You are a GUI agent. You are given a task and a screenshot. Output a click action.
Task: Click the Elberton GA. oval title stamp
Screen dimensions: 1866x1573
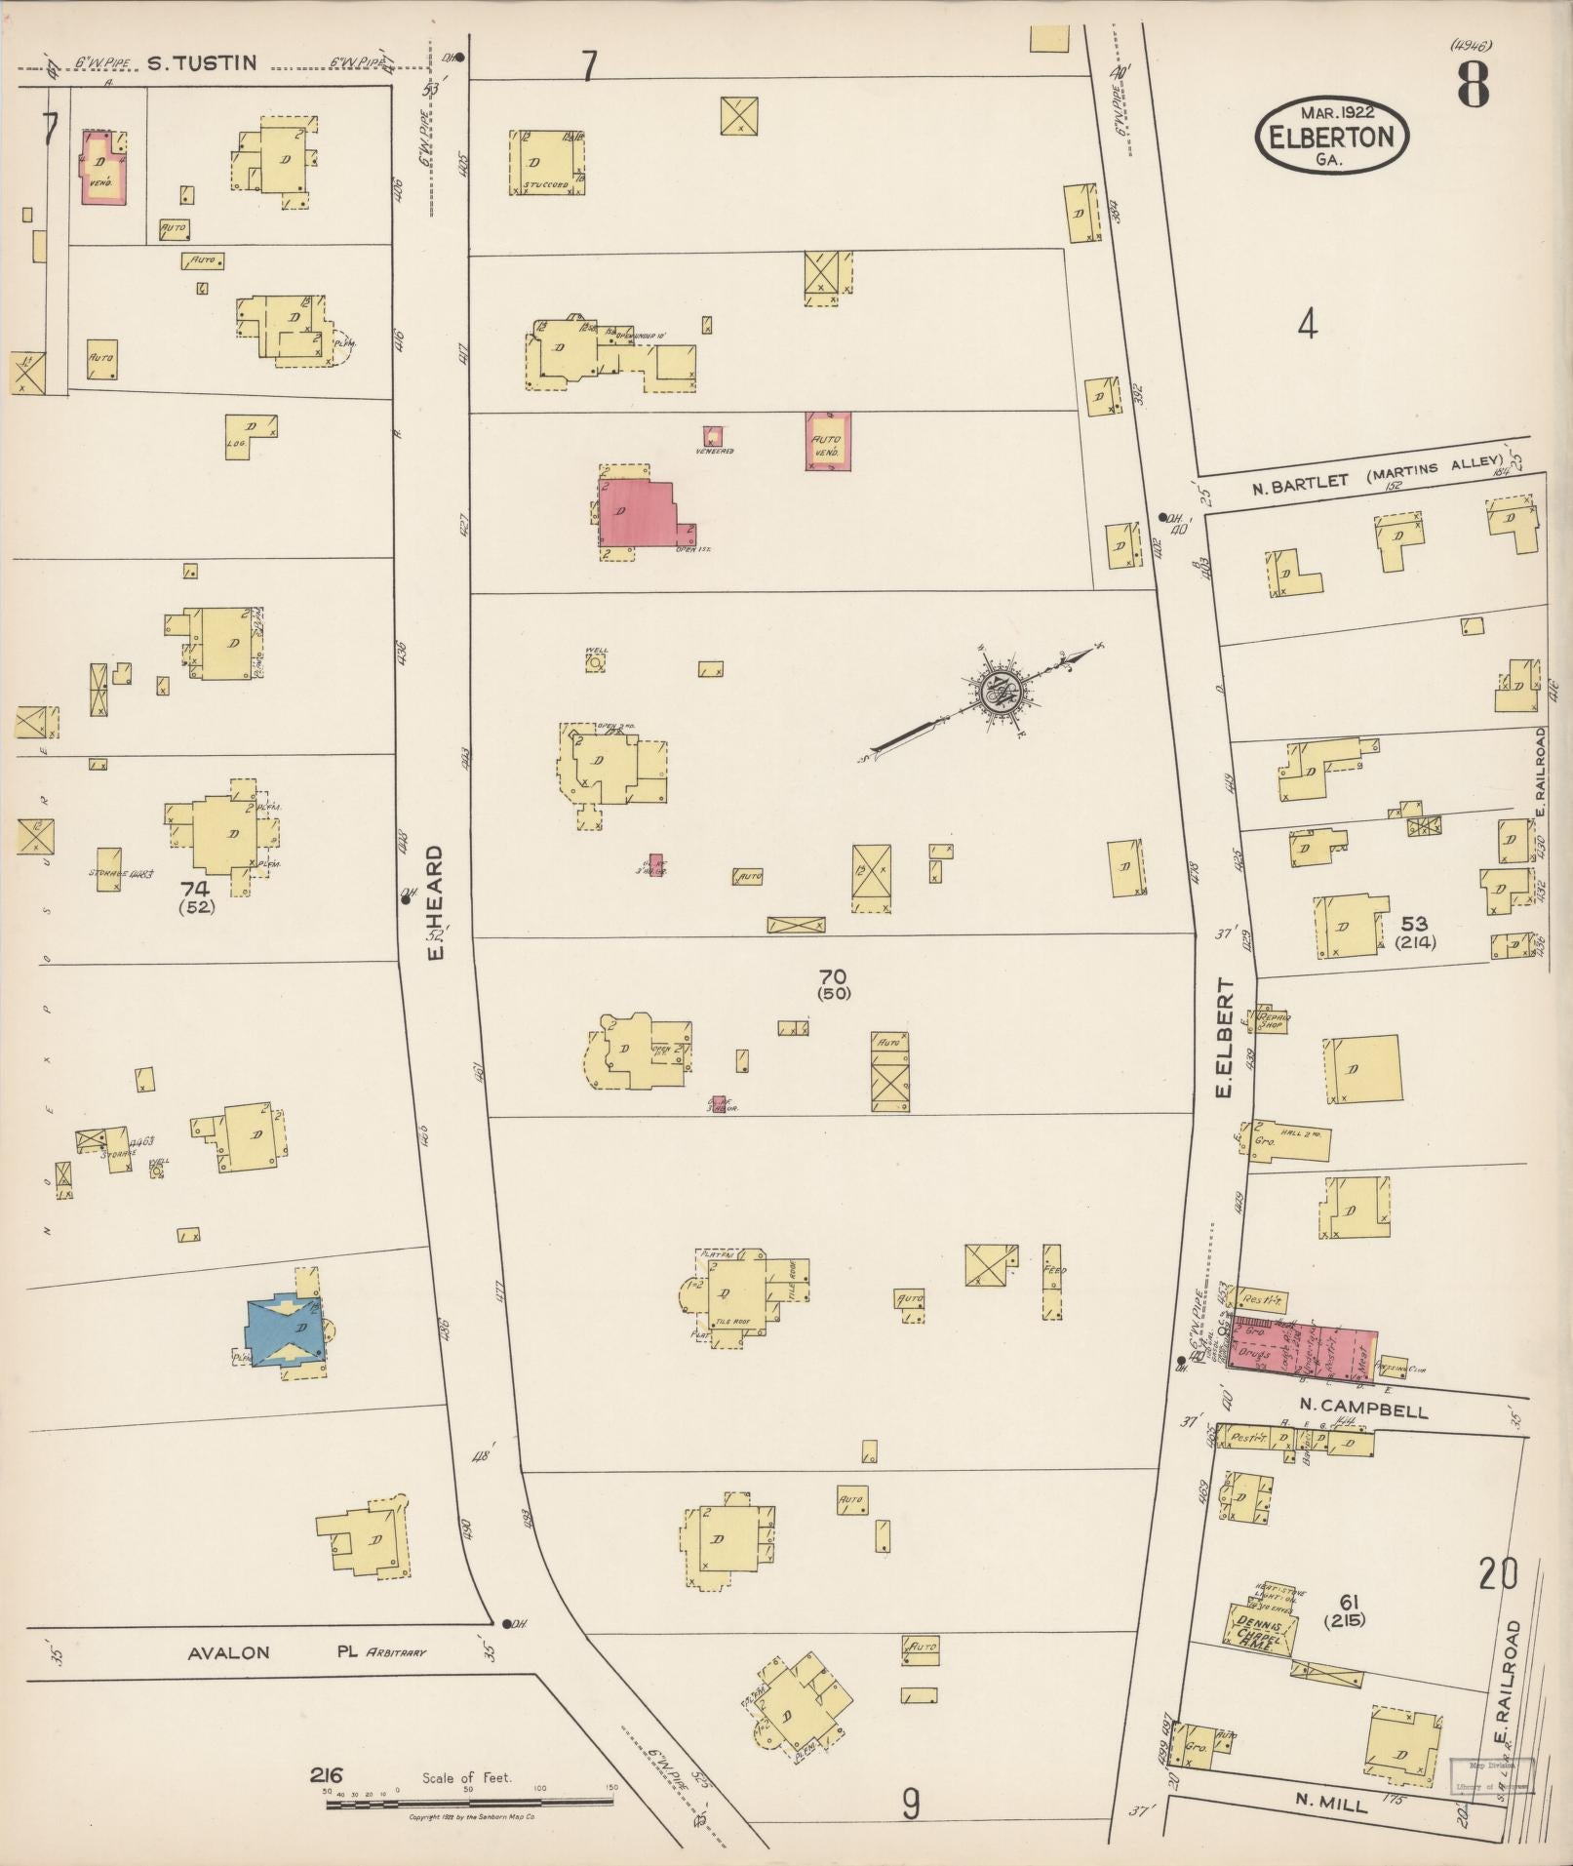(1332, 137)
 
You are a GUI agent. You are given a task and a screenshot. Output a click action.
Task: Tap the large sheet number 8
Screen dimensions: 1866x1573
(1473, 86)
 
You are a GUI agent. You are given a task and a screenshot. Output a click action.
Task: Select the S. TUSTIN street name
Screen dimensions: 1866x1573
(202, 64)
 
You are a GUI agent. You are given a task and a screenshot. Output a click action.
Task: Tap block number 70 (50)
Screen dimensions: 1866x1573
(835, 983)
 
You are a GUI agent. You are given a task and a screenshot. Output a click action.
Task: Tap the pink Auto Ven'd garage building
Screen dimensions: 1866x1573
(828, 441)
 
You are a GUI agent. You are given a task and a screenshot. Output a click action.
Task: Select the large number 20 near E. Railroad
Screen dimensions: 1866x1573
(1497, 1574)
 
